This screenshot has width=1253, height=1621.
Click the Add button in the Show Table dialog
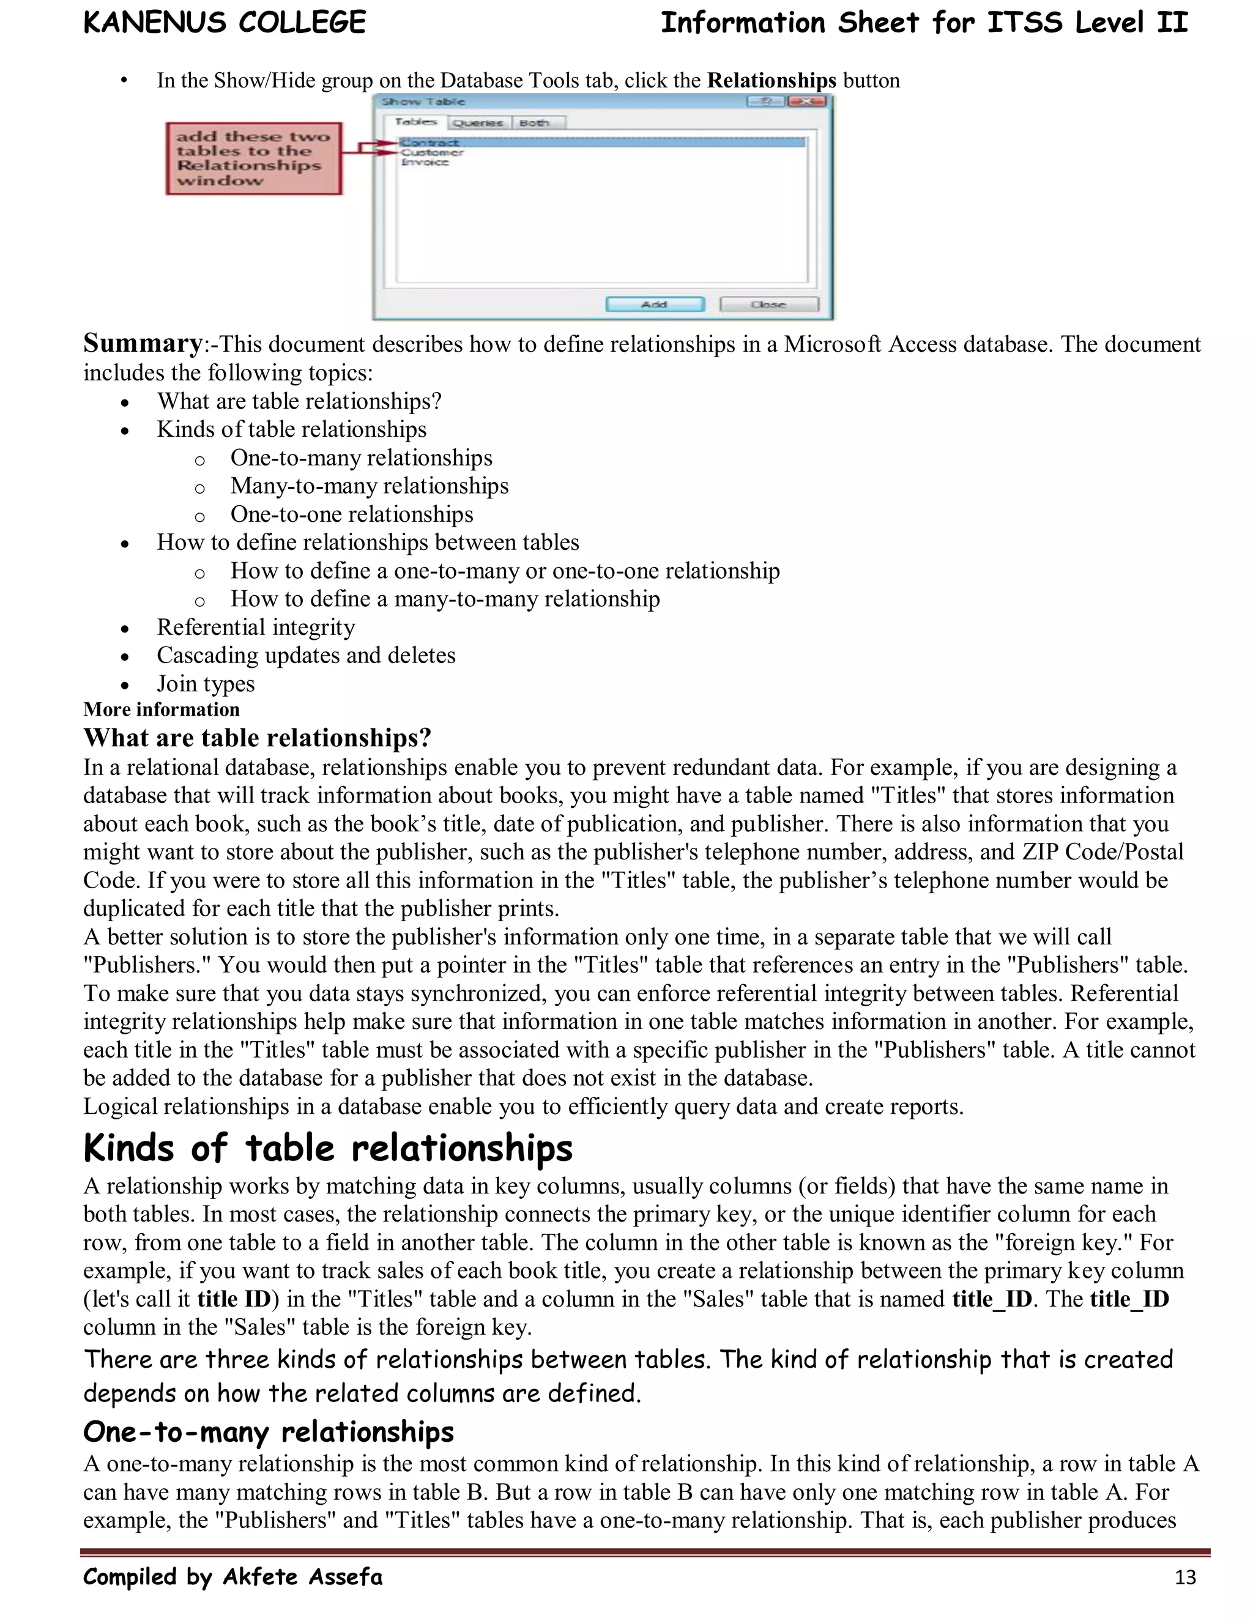coord(654,304)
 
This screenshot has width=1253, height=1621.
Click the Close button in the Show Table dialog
coord(769,304)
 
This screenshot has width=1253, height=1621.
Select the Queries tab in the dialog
coord(478,123)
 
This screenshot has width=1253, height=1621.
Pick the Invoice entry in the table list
coord(425,162)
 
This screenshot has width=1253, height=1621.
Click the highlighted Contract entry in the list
coord(429,143)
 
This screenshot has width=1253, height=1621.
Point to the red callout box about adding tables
coord(253,158)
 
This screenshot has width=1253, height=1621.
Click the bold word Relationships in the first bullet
coord(772,80)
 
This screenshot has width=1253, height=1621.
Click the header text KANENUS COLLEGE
coord(224,23)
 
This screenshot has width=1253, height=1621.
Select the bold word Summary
coord(143,344)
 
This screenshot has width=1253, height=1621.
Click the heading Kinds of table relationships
coord(327,1148)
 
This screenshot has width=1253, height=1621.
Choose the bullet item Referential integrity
coord(255,627)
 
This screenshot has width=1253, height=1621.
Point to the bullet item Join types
coord(206,684)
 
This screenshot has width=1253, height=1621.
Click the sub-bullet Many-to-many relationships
coord(369,486)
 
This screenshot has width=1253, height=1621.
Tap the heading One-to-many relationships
coord(268,1432)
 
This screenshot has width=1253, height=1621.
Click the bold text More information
coord(161,710)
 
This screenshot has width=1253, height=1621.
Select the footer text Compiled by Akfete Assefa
coord(232,1576)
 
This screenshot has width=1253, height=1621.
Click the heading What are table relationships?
coord(257,738)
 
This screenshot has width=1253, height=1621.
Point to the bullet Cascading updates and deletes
coord(306,655)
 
